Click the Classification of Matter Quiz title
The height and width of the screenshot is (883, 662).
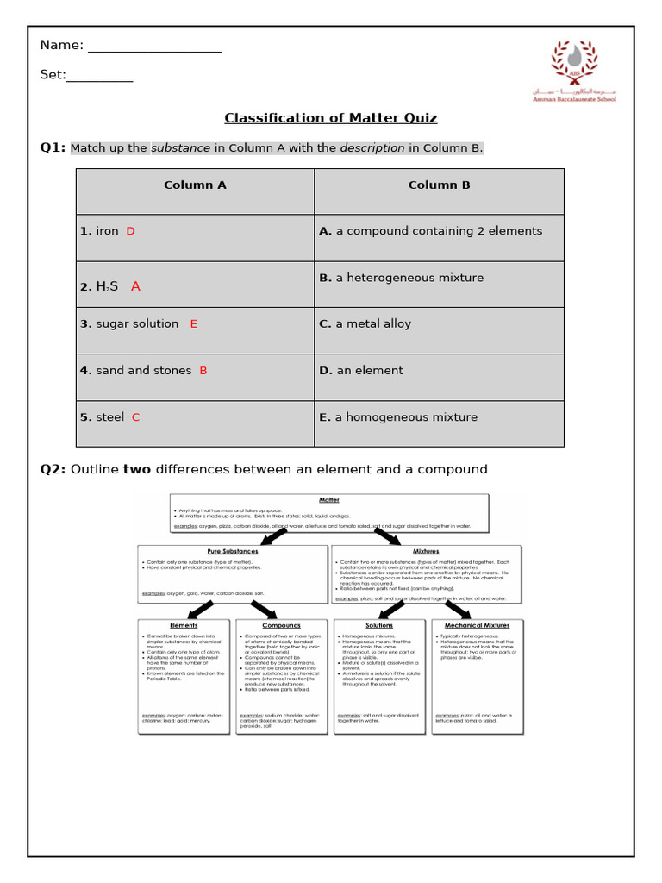tap(330, 118)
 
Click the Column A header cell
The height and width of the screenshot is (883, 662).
tap(195, 185)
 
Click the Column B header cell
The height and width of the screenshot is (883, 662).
tap(439, 185)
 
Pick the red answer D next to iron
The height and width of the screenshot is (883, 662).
tap(131, 231)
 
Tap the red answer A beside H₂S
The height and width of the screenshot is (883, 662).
tap(135, 286)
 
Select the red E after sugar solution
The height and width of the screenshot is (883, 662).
tap(194, 324)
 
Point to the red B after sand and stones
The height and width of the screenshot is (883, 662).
tap(203, 371)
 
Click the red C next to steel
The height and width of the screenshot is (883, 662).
tap(135, 417)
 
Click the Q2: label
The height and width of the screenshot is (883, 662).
tap(53, 469)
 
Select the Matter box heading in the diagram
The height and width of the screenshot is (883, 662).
tap(329, 499)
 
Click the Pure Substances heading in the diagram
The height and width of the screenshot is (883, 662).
tap(232, 551)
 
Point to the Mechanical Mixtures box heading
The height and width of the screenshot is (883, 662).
tap(477, 625)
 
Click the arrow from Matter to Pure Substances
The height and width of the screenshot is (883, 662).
tap(273, 536)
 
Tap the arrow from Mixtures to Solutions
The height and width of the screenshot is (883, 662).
tap(392, 610)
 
